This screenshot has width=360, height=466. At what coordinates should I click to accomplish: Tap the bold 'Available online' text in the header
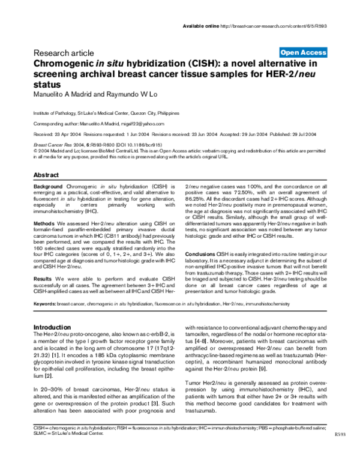click(200, 26)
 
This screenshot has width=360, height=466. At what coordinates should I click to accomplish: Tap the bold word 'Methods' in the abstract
click(43, 222)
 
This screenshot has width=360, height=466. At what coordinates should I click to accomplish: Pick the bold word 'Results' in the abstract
click(42, 279)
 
